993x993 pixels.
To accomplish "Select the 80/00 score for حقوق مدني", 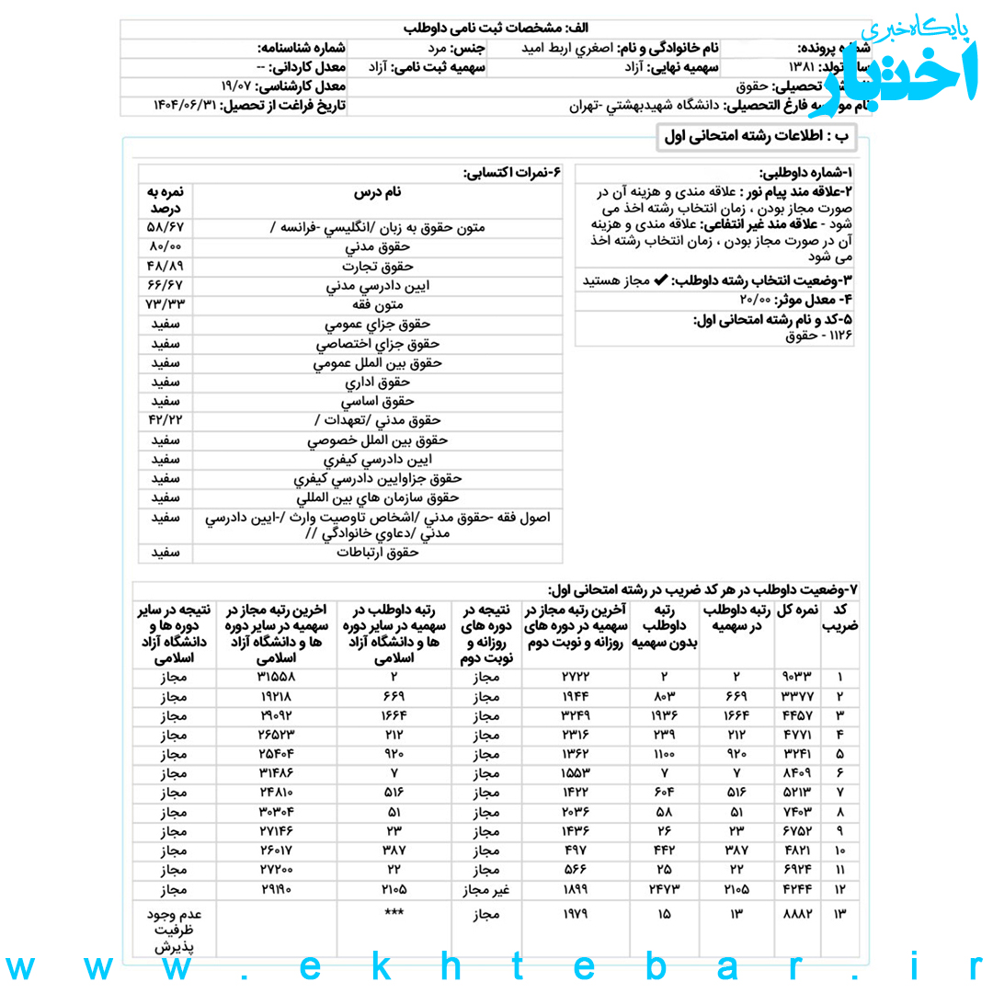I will click(165, 246).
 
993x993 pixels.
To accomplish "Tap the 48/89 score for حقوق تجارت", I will click(165, 266).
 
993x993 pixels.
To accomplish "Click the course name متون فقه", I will click(378, 304).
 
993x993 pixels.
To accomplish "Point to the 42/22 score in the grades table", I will click(165, 420).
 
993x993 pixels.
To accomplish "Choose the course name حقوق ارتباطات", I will click(378, 553).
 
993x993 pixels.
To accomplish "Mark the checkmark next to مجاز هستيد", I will click(659, 280).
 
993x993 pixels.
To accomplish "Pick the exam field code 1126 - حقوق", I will click(819, 337).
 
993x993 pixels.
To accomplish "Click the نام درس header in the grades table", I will click(378, 193).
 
